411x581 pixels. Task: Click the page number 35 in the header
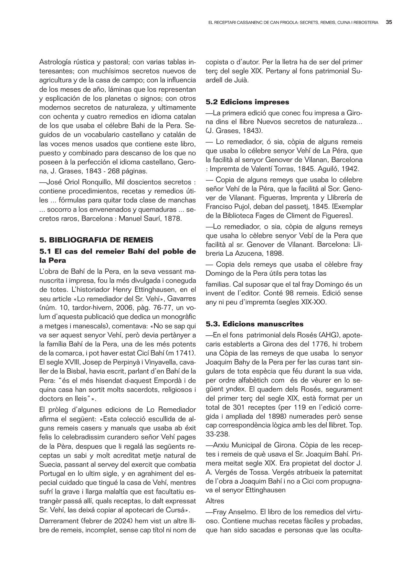[389, 23]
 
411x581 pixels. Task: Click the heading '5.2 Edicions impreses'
[247, 102]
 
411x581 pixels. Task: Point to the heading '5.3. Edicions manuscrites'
[255, 324]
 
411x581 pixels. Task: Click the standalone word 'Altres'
[215, 501]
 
